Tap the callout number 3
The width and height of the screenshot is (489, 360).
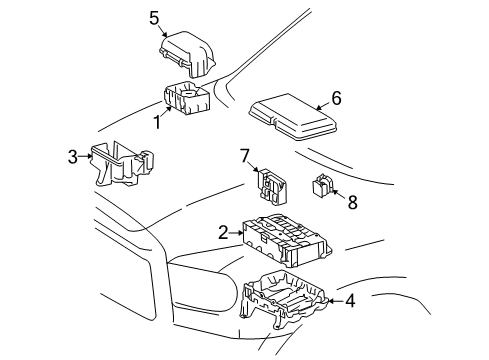72,155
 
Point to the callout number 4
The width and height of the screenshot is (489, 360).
350,299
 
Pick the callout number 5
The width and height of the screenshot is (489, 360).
154,17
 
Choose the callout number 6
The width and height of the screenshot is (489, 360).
336,97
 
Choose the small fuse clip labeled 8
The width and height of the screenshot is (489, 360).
324,185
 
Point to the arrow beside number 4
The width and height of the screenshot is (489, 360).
336,299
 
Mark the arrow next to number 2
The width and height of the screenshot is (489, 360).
239,234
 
